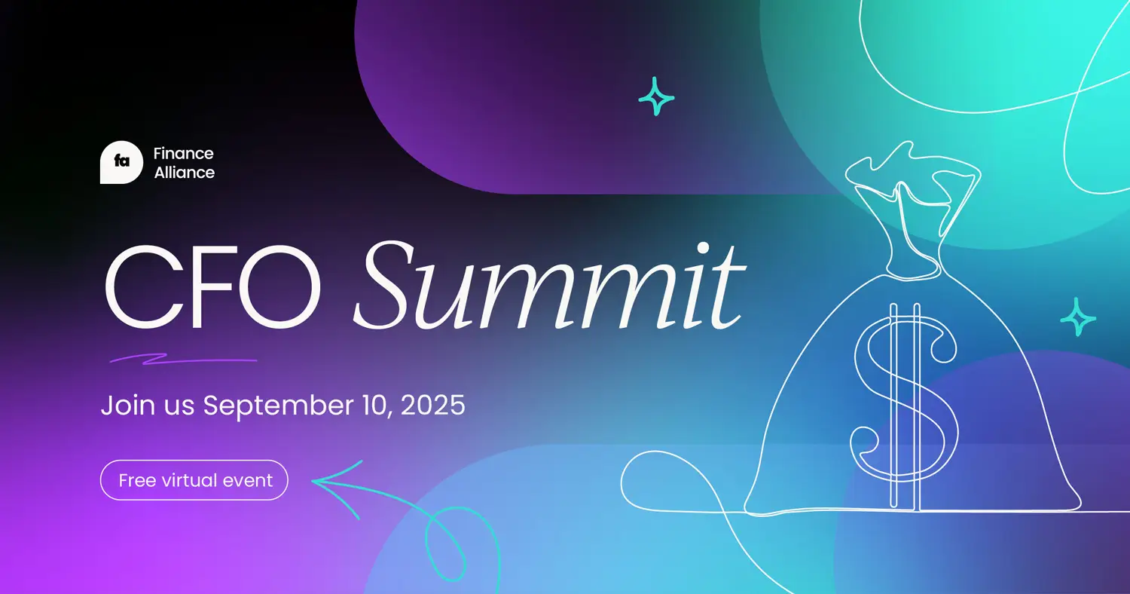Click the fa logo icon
pos(121,162)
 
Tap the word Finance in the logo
pos(183,154)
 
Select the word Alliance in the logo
pos(184,173)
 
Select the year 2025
pos(432,406)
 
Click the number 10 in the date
pos(376,406)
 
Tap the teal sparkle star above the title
pos(656,96)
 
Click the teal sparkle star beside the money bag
pos(1078,317)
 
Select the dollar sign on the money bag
pos(904,400)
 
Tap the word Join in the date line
pos(123,406)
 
